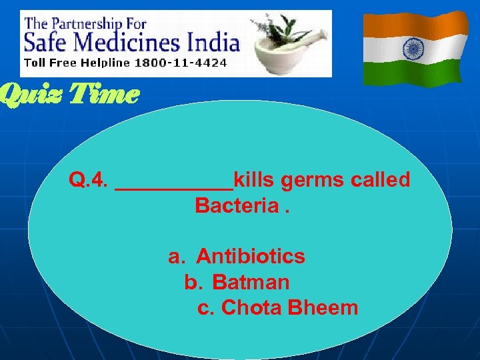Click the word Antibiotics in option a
pos(251,257)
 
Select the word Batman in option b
pos(251,283)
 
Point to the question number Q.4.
pos(89,180)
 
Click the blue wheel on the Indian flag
pos(415,48)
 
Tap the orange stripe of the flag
pos(415,25)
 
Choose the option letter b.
pos(192,283)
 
